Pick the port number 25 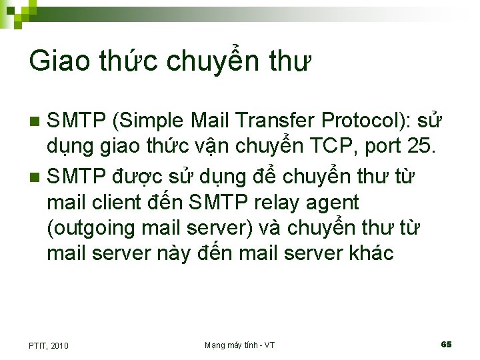coord(425,146)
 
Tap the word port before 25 coord(385,147)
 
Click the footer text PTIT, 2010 coord(49,345)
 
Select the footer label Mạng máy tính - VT coord(239,345)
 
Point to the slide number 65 coord(446,344)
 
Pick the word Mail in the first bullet coord(211,121)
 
